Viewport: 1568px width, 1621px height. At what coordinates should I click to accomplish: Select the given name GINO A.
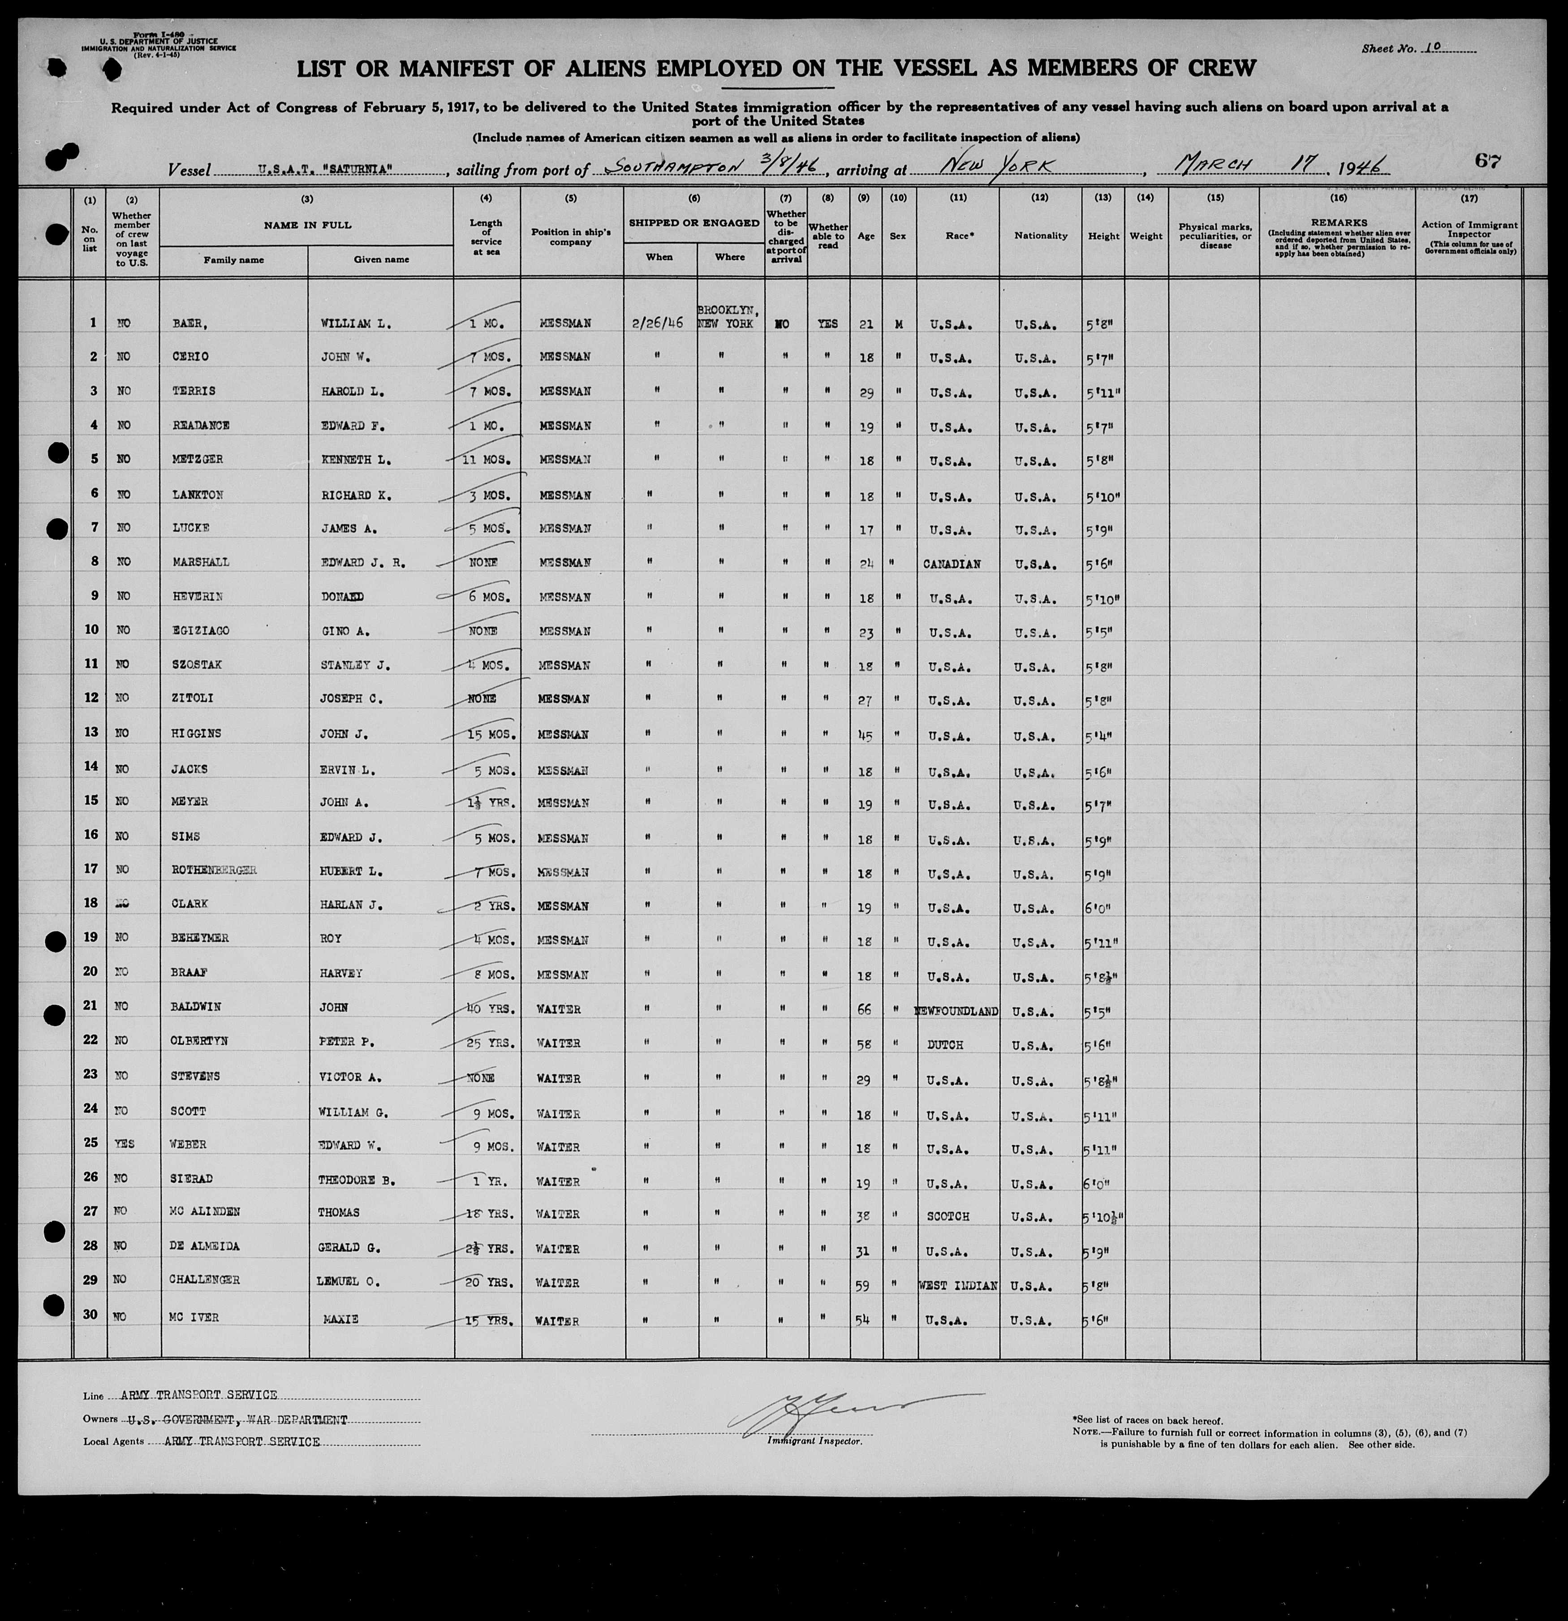(345, 631)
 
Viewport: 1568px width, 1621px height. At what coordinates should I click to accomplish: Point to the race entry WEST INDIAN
(958, 1286)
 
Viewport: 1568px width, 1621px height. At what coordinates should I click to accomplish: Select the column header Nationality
(1040, 236)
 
